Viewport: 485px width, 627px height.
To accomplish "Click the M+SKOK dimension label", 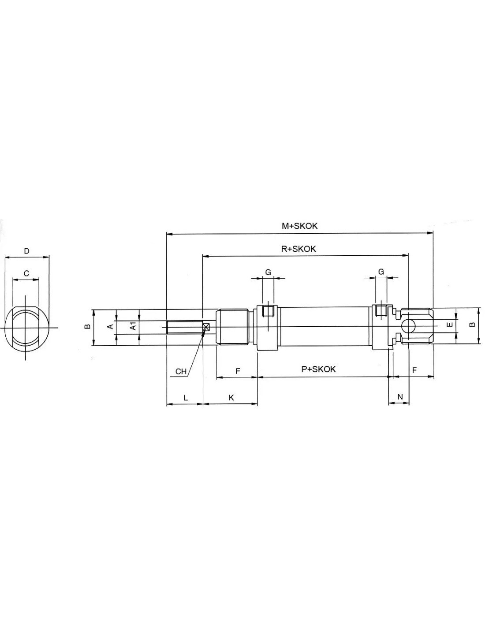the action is pyautogui.click(x=299, y=226).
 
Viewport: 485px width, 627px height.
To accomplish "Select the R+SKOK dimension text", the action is pyautogui.click(x=298, y=249).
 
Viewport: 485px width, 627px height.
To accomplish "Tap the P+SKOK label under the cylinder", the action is pyautogui.click(x=318, y=369).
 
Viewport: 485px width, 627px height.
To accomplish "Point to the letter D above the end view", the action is pyautogui.click(x=26, y=251).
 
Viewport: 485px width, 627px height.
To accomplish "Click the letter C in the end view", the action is pyautogui.click(x=26, y=273).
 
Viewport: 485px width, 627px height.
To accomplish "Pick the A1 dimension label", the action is pyautogui.click(x=133, y=327).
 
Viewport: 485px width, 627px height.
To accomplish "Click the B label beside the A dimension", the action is pyautogui.click(x=88, y=327).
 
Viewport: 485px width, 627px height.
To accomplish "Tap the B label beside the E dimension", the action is pyautogui.click(x=472, y=325).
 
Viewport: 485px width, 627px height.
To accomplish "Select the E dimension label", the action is pyautogui.click(x=450, y=325).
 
